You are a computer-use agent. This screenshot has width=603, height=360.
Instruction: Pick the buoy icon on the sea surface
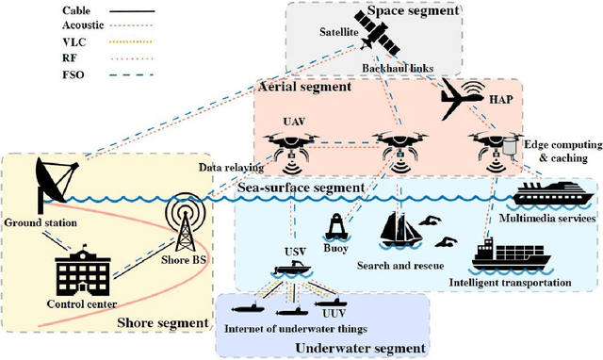pyautogui.click(x=335, y=231)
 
